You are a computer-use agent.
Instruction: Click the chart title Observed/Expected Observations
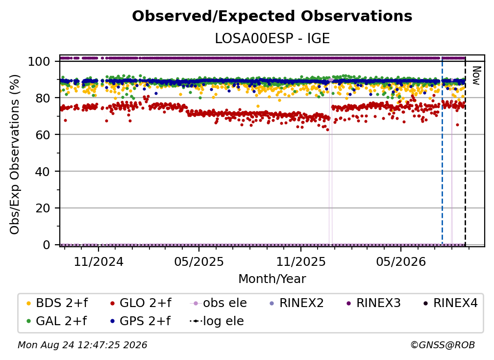[272, 16]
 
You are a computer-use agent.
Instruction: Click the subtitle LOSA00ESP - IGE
[272, 38]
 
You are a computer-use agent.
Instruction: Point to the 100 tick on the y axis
[39, 61]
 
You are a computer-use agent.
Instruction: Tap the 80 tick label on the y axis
[43, 98]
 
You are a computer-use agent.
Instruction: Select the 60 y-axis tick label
[43, 135]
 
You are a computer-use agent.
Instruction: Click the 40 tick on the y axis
[43, 172]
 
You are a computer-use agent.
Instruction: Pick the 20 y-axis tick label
[43, 208]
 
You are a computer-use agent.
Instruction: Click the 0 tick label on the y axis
[47, 245]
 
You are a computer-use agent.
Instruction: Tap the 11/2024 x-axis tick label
[99, 261]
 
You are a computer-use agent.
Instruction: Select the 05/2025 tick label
[199, 261]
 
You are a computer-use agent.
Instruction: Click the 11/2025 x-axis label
[301, 261]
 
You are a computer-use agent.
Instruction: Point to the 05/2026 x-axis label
[401, 261]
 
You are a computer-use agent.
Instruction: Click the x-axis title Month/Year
[272, 279]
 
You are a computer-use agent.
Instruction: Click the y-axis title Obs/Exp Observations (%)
[15, 154]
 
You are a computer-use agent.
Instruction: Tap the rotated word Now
[476, 76]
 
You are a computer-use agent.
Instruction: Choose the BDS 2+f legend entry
[57, 303]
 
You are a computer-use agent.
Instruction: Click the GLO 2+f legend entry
[141, 303]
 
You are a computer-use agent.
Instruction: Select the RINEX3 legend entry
[373, 303]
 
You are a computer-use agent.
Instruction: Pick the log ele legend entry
[217, 321]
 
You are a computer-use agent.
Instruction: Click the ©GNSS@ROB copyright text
[443, 345]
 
